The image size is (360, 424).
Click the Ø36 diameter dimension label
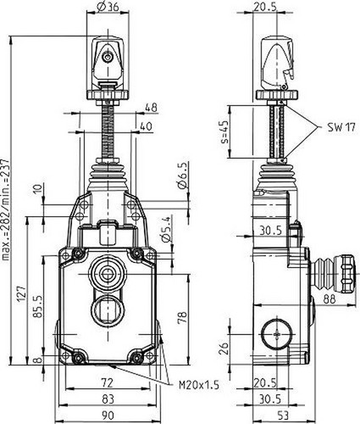108,7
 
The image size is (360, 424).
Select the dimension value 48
151,108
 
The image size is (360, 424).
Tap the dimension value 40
147,126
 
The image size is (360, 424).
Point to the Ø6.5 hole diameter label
182,176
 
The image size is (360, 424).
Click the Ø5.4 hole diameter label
167,229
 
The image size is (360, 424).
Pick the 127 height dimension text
22,295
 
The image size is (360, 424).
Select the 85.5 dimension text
38,306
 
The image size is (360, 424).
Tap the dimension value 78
183,318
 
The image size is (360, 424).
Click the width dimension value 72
107,382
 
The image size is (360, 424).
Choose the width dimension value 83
108,399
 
